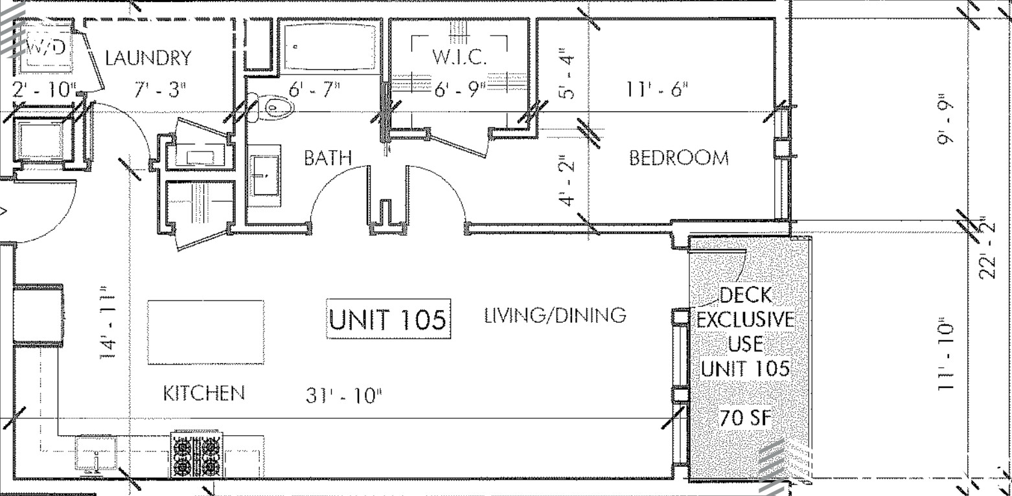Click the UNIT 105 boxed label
click(x=389, y=319)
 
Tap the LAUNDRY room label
click(x=148, y=58)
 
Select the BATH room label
click(x=328, y=157)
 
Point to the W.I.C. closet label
click(x=459, y=57)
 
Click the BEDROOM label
click(x=679, y=157)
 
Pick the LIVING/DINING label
click(x=555, y=315)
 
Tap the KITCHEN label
click(x=203, y=393)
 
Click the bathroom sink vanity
click(x=264, y=176)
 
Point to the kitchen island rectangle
click(x=206, y=332)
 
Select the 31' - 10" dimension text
click(x=344, y=395)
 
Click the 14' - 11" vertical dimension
click(x=108, y=322)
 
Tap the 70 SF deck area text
click(x=746, y=418)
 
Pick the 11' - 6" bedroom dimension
click(x=657, y=89)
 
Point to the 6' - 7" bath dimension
click(x=314, y=89)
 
